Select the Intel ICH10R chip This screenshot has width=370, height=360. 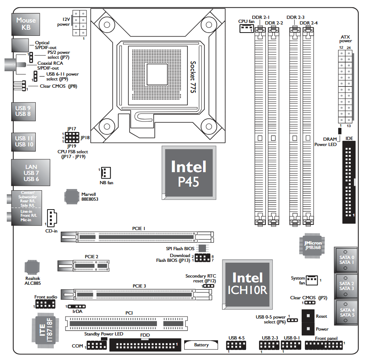pyautogui.click(x=247, y=285)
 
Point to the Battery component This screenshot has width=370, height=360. pyautogui.click(x=201, y=345)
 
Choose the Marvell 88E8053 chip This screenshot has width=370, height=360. pyautogui.click(x=72, y=196)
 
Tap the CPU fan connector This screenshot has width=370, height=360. pyautogui.click(x=246, y=29)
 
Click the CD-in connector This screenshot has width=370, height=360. pyautogui.click(x=53, y=218)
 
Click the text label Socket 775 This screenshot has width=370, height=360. pyautogui.click(x=193, y=77)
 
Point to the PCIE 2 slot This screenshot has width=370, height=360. pyautogui.click(x=84, y=265)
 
